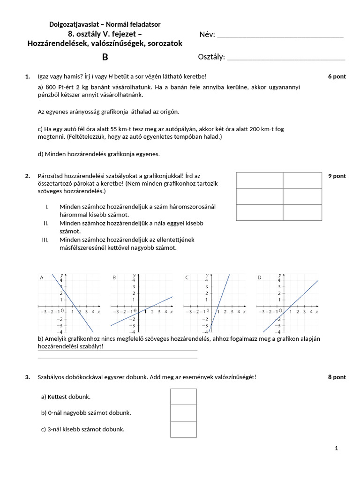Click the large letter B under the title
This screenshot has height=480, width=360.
(x=105, y=57)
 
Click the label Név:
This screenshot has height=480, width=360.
(x=207, y=35)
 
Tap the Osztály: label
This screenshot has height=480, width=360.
(x=211, y=57)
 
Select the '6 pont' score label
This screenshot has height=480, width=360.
(x=337, y=76)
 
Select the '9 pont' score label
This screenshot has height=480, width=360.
(x=337, y=176)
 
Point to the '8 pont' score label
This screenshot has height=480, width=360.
(x=337, y=377)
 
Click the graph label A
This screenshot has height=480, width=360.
(x=41, y=277)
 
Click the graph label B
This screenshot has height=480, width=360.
(x=114, y=277)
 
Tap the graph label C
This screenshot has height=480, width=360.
(x=187, y=277)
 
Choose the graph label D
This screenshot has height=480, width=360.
(x=259, y=277)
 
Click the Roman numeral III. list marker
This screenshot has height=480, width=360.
(x=45, y=240)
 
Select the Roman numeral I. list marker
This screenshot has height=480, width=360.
(x=47, y=206)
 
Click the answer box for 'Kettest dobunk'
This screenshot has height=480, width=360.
(x=183, y=397)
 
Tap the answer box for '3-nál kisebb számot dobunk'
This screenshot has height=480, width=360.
(x=183, y=429)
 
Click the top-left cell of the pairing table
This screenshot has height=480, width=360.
(x=259, y=180)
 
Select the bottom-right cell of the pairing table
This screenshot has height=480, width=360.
(x=302, y=212)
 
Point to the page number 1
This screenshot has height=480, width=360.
(x=337, y=449)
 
